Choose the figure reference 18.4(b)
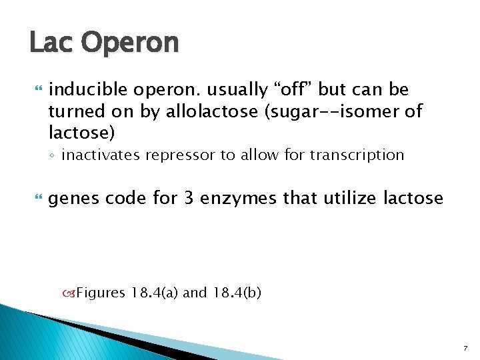click(x=237, y=293)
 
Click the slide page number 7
click(x=466, y=349)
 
